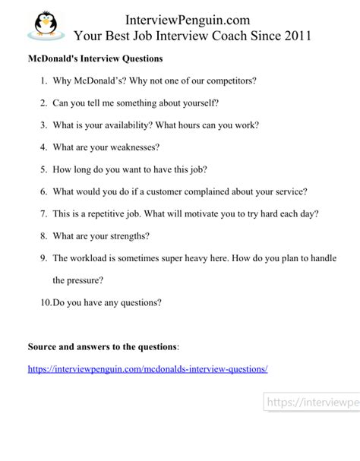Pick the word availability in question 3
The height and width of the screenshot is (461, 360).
pos(128,125)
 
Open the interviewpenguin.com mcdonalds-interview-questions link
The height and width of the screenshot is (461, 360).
pos(148,369)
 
